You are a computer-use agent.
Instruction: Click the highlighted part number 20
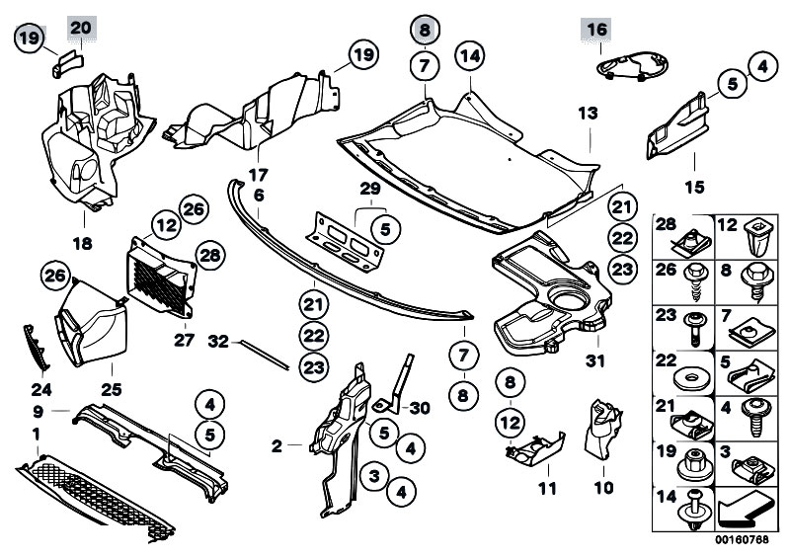81,27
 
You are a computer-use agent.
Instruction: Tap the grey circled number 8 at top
424,31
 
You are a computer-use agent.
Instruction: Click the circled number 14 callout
470,55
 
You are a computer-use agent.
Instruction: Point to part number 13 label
589,115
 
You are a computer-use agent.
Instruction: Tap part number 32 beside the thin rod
218,343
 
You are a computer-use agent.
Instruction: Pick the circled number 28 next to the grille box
209,256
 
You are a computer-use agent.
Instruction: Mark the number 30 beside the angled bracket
419,408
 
